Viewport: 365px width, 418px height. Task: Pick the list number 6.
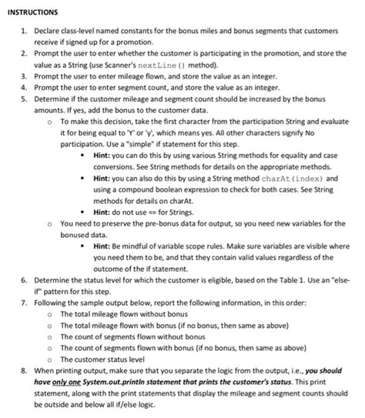pyautogui.click(x=24, y=280)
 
